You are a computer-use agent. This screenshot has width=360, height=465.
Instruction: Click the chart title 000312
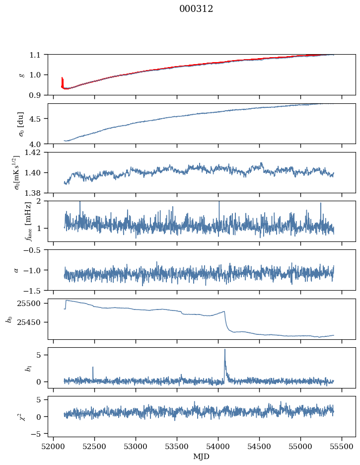[x=196, y=9]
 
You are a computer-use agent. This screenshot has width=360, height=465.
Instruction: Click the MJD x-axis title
[x=202, y=456]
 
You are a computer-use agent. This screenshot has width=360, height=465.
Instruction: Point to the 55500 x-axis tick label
[x=342, y=446]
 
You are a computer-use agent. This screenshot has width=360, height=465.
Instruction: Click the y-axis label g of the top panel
[x=21, y=75]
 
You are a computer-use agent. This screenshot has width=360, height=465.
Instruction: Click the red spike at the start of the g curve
[x=62, y=78]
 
